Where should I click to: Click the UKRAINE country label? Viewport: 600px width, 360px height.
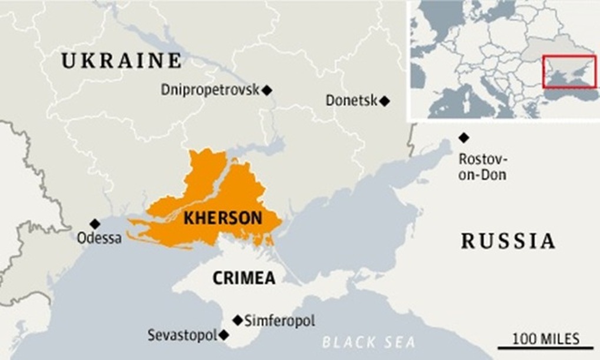pyautogui.click(x=122, y=60)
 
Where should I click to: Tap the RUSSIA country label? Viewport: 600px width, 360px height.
pyautogui.click(x=508, y=241)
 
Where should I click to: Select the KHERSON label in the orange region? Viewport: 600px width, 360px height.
pyautogui.click(x=223, y=218)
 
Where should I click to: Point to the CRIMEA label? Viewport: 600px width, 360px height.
pyautogui.click(x=244, y=278)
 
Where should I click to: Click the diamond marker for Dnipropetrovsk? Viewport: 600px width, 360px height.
pyautogui.click(x=268, y=90)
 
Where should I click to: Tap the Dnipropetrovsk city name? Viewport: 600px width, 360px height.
pyautogui.click(x=210, y=90)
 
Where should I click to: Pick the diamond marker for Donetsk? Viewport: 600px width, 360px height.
pyautogui.click(x=385, y=101)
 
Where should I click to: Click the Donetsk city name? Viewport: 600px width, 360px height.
pyautogui.click(x=351, y=101)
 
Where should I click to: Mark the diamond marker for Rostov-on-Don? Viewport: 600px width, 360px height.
pyautogui.click(x=464, y=138)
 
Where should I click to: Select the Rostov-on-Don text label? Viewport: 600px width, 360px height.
pyautogui.click(x=482, y=167)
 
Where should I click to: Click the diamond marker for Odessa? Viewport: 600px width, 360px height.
pyautogui.click(x=95, y=224)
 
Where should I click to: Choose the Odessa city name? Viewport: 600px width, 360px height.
pyautogui.click(x=99, y=239)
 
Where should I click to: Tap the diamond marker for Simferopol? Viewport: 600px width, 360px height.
pyautogui.click(x=237, y=320)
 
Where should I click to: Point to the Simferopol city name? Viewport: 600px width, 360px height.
pyautogui.click(x=279, y=321)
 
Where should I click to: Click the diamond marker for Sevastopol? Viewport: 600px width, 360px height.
pyautogui.click(x=224, y=335)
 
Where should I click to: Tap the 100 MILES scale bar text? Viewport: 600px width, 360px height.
pyautogui.click(x=545, y=338)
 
